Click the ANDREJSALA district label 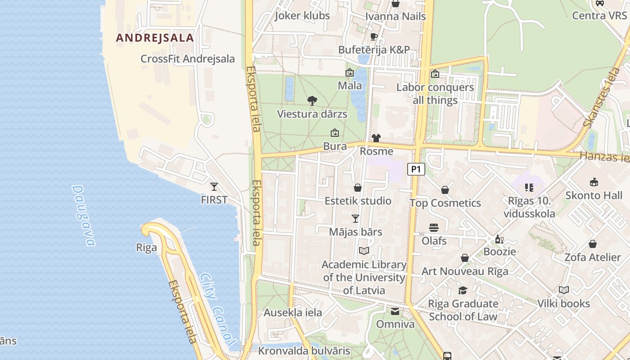(155, 38)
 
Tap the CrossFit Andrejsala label (188, 59)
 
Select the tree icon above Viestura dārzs (312, 101)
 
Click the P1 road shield (416, 169)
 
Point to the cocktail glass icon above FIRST (214, 186)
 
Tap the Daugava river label (84, 216)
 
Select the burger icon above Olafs (434, 228)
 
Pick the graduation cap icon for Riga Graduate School (463, 290)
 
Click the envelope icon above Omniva (395, 311)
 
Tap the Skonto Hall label (594, 195)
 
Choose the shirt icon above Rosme (376, 138)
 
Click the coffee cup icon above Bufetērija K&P (373, 36)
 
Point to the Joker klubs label (302, 15)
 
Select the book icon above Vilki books (564, 290)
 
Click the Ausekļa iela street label (293, 313)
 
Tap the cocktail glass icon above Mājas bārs (355, 219)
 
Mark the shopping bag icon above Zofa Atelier (593, 244)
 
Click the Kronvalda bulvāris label (304, 351)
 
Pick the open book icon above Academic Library (364, 251)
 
